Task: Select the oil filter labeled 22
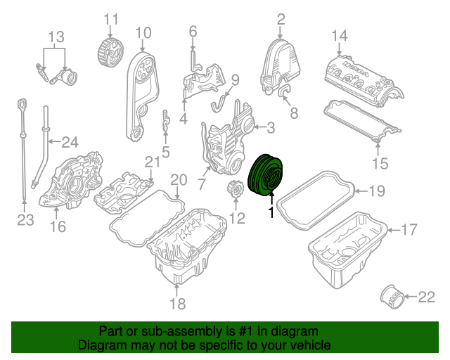click(x=391, y=296)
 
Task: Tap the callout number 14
click(x=340, y=35)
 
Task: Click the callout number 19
click(x=378, y=191)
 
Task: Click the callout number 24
click(x=69, y=142)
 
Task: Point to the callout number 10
click(x=143, y=32)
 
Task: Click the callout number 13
click(x=56, y=37)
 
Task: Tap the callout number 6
click(x=193, y=31)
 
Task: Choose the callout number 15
click(x=380, y=164)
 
